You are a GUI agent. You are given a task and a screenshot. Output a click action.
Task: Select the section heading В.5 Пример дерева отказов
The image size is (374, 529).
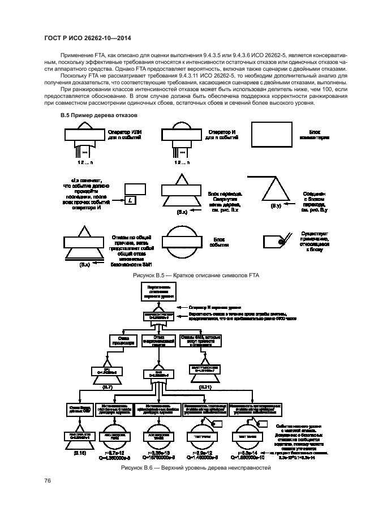coord(94,115)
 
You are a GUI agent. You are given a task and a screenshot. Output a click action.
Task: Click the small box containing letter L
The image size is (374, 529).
coord(130,201)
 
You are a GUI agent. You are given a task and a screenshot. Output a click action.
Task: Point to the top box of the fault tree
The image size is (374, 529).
coord(156,291)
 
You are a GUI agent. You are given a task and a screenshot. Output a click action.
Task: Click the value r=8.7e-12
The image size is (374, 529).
coord(117,453)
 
